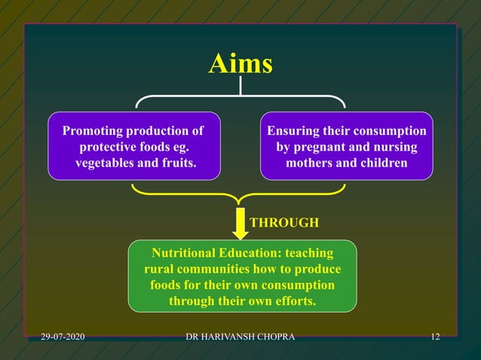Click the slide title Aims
click(x=240, y=65)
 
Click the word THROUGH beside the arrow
click(x=284, y=223)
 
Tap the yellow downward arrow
click(x=240, y=224)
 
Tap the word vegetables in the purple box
click(x=106, y=163)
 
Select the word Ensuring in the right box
click(x=295, y=131)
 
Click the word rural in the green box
click(x=159, y=269)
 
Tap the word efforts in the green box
click(x=296, y=301)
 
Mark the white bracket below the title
click(x=240, y=97)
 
